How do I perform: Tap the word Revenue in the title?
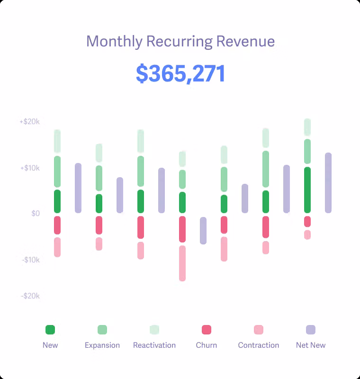pos(245,41)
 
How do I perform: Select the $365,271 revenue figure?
pos(180,74)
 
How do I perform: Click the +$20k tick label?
pos(29,122)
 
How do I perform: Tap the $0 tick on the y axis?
pos(36,214)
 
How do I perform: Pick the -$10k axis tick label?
pos(30,260)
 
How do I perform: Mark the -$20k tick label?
pos(30,296)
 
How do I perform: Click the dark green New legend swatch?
pos(50,330)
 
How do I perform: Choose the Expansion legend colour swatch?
pos(102,330)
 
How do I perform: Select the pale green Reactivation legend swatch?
pos(154,330)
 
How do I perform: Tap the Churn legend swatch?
pos(207,330)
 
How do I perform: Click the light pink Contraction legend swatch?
pos(259,330)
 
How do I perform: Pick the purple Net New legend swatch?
pos(311,330)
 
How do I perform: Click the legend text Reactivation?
pos(154,345)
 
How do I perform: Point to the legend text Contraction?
pos(259,345)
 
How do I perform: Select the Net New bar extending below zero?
pos(203,231)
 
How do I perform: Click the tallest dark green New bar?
pos(307,190)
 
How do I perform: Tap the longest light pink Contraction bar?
pos(182,263)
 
